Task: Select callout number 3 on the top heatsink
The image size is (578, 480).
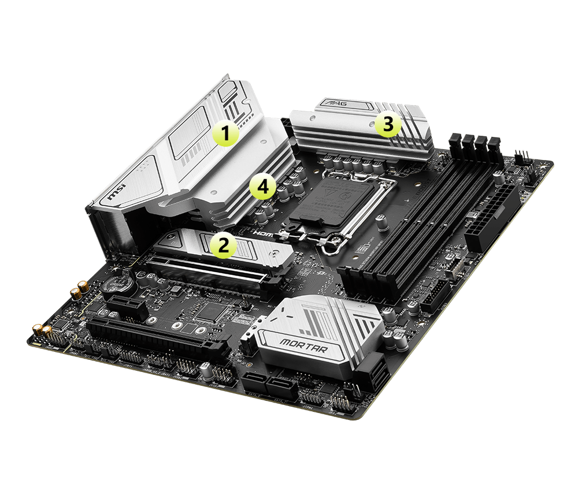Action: click(388, 124)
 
